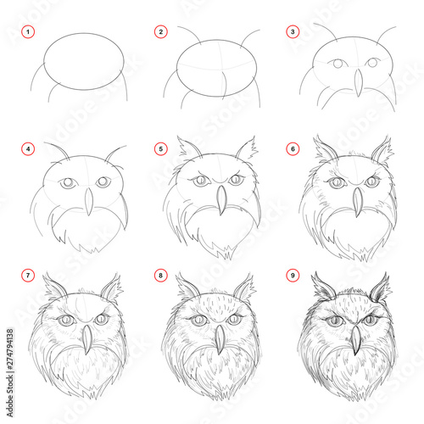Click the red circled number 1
[27, 32]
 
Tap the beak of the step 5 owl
[220, 200]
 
